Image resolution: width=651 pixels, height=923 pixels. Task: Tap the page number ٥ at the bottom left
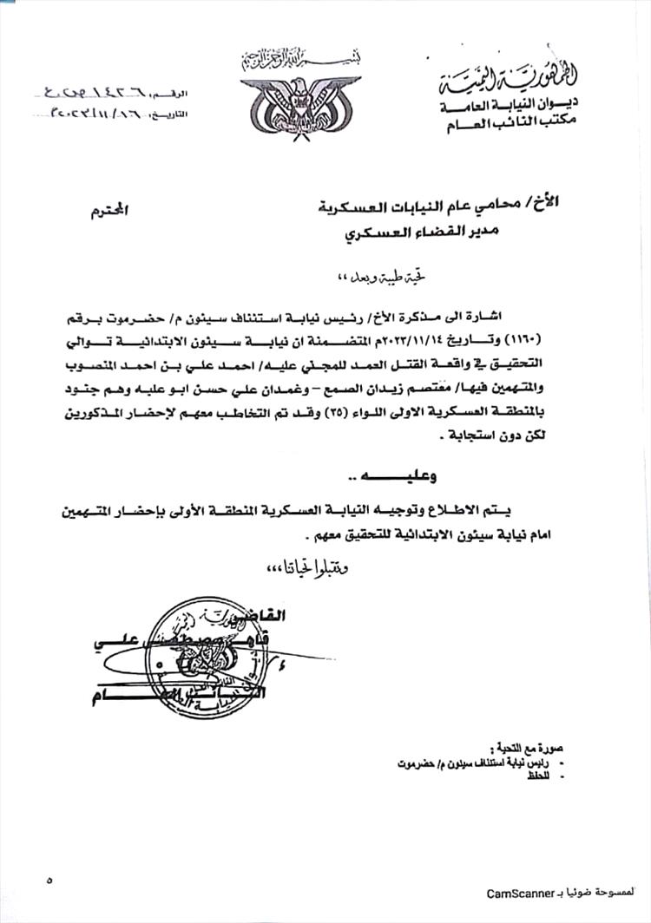[x=49, y=880]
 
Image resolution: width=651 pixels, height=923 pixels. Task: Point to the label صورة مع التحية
[x=519, y=748]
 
